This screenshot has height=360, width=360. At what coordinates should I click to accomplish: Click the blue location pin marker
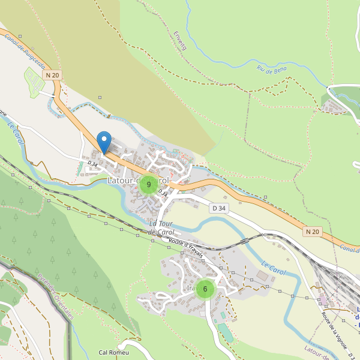click(104, 142)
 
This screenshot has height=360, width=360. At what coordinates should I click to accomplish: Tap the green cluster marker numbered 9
click(149, 185)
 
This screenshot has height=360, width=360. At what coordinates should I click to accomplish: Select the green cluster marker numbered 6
click(205, 289)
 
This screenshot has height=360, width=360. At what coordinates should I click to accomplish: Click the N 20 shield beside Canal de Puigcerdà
click(52, 74)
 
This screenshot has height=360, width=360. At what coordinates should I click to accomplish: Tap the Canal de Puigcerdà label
click(25, 52)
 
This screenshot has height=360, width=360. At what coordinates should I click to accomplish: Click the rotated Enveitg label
click(179, 40)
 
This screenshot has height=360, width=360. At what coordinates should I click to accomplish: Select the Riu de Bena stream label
click(272, 70)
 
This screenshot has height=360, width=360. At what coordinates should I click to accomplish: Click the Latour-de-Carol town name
click(137, 180)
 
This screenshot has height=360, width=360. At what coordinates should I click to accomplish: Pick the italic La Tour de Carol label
click(160, 227)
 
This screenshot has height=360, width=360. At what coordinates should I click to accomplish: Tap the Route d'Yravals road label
click(186, 249)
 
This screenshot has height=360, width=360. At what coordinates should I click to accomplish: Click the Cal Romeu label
click(114, 352)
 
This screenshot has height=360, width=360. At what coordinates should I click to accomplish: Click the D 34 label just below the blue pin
click(92, 163)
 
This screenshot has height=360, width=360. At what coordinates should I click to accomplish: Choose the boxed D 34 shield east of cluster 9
click(219, 208)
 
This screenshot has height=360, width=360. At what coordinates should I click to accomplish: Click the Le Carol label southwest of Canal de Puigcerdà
click(16, 133)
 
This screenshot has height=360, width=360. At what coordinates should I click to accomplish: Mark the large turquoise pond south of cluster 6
click(226, 332)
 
